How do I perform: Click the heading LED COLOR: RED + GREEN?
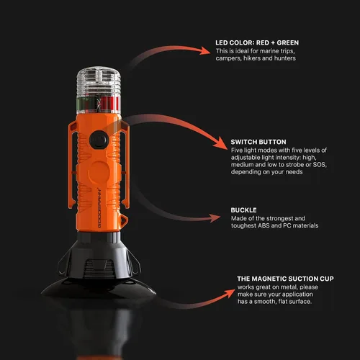[257, 42]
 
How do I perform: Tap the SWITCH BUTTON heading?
[258, 142]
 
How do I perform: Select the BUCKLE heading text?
[243, 210]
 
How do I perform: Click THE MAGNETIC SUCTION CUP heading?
[285, 279]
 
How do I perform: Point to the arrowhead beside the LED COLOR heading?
[205, 50]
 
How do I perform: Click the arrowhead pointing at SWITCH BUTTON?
[221, 144]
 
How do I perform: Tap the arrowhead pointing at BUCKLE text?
[215, 218]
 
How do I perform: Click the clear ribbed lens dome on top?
[99, 81]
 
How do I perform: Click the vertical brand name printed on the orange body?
[99, 208]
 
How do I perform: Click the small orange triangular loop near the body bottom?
[124, 220]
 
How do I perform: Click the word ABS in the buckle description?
[264, 225]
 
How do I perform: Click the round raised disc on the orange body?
[99, 171]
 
